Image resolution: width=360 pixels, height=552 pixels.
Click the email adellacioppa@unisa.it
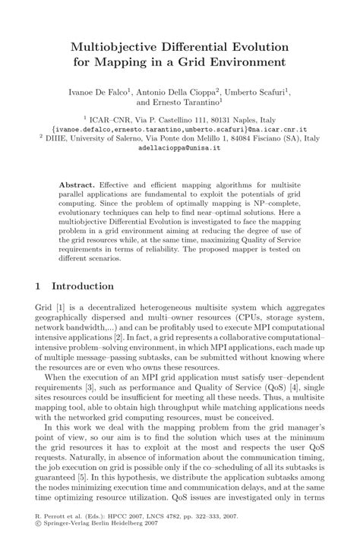[179, 150]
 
